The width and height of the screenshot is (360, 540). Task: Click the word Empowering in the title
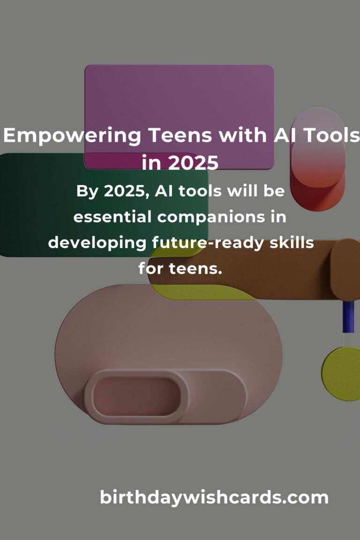tap(72, 135)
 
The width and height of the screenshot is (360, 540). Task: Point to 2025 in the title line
tap(193, 163)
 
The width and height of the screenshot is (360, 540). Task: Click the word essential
tap(112, 217)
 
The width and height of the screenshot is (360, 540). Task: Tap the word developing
tap(97, 243)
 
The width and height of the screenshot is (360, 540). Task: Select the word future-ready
tap(208, 243)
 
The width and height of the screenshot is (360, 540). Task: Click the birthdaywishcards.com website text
tap(214, 498)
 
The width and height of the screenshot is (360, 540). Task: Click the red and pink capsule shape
tap(317, 159)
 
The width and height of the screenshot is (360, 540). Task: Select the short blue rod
tap(348, 317)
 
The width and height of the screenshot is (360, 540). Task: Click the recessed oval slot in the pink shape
tap(136, 397)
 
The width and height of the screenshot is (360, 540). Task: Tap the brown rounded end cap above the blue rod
tap(345, 270)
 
